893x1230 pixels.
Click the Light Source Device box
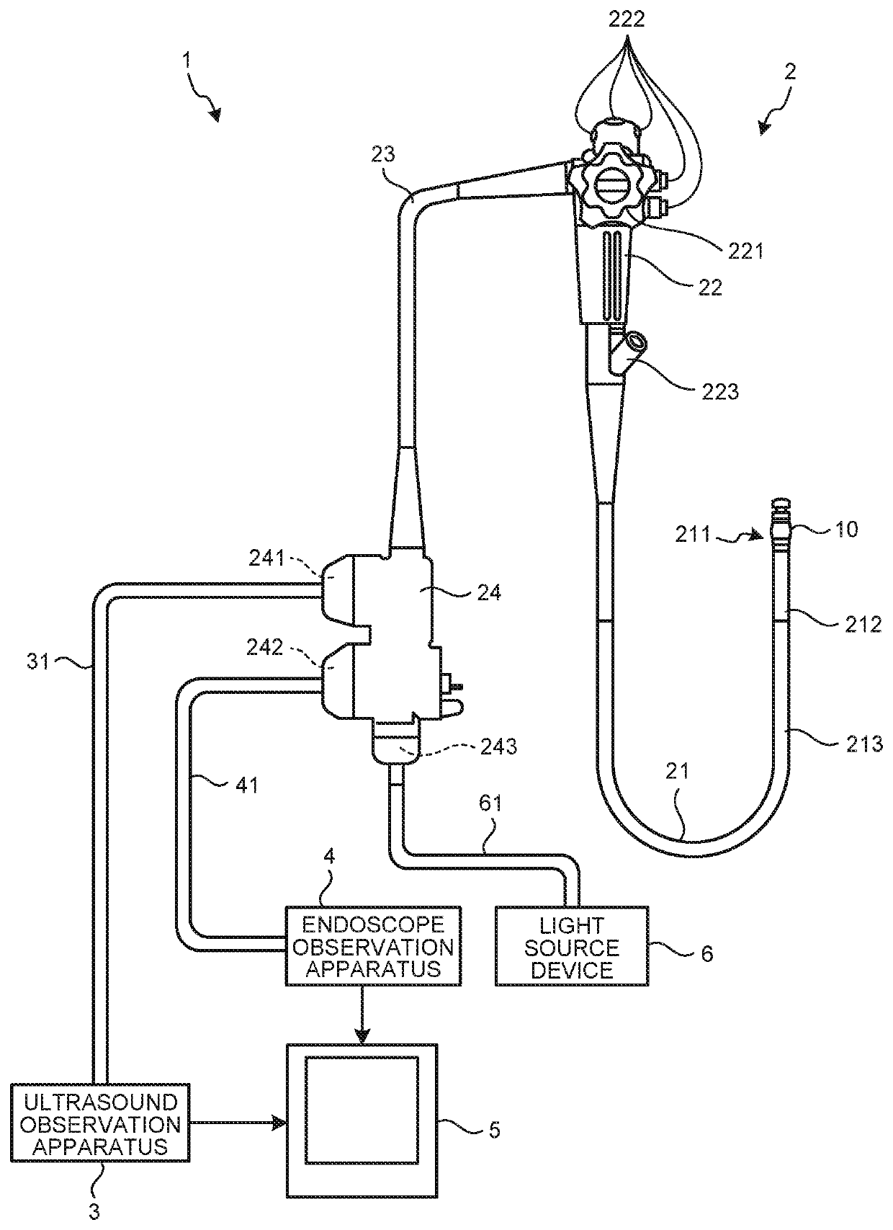571,948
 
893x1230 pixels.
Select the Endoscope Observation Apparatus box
373,946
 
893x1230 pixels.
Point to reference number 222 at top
627,19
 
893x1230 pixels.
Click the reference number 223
720,391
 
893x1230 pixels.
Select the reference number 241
266,558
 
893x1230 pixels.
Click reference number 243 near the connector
498,747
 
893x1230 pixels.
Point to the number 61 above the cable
490,803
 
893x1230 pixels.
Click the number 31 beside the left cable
38,661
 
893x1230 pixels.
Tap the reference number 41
246,785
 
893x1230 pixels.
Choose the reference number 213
864,744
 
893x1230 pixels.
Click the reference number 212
863,624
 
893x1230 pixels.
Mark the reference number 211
693,534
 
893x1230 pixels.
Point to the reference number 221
746,251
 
